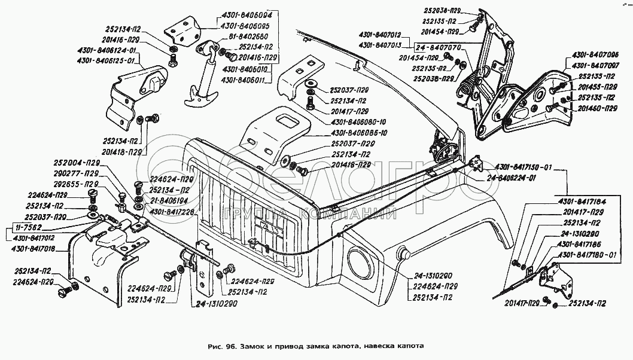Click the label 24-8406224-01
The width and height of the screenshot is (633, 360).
tap(512, 178)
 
